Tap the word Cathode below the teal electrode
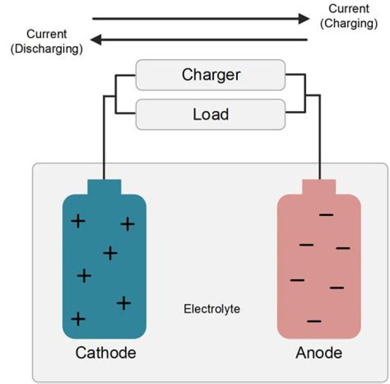click(x=106, y=353)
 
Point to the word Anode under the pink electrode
click(x=319, y=353)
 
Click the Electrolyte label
click(x=212, y=310)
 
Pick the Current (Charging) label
click(x=348, y=16)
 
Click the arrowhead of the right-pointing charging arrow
click(x=303, y=19)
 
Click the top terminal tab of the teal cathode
click(x=104, y=187)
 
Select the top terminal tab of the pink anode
click(x=319, y=187)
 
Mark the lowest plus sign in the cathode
click(x=79, y=318)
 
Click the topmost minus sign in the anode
click(x=326, y=215)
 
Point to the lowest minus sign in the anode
click(x=314, y=321)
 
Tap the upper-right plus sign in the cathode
click(x=127, y=223)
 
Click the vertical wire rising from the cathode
click(x=104, y=141)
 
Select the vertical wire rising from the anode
click(x=320, y=141)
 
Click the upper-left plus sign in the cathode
click(x=79, y=221)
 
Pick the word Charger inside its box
click(x=211, y=74)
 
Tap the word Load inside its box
click(x=211, y=114)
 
